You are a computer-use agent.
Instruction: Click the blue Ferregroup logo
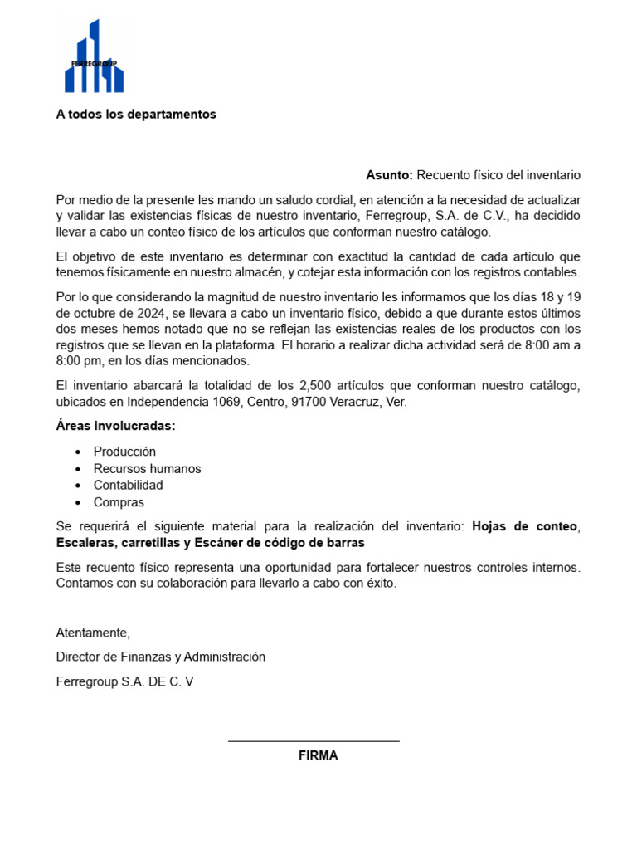pyautogui.click(x=94, y=56)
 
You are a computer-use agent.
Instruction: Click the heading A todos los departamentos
pyautogui.click(x=136, y=115)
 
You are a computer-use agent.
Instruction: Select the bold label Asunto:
pyautogui.click(x=389, y=175)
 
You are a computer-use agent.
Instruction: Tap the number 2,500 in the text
pyautogui.click(x=315, y=385)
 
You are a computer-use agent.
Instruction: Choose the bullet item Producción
pyautogui.click(x=124, y=452)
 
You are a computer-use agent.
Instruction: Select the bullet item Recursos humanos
pyautogui.click(x=147, y=468)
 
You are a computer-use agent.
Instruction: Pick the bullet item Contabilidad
pyautogui.click(x=128, y=485)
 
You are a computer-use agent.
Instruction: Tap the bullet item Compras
pyautogui.click(x=119, y=502)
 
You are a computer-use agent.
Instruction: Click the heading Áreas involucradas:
pyautogui.click(x=115, y=427)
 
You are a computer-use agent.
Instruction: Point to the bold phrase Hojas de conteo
pyautogui.click(x=524, y=526)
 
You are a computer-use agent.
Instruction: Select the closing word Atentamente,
pyautogui.click(x=93, y=633)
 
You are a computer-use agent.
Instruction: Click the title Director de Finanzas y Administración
pyautogui.click(x=160, y=657)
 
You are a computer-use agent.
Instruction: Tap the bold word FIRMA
pyautogui.click(x=318, y=756)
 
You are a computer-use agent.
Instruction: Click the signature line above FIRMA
pyautogui.click(x=314, y=741)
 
